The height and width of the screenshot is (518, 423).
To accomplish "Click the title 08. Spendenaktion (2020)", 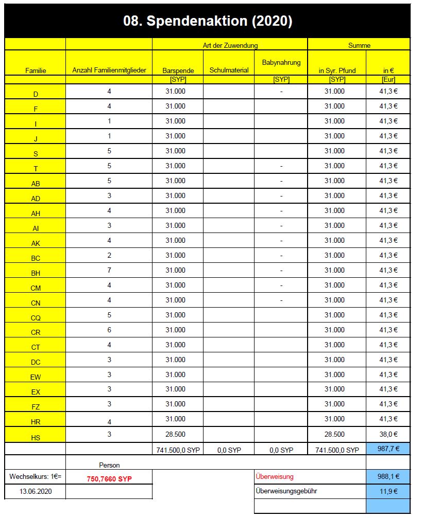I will tap(208, 21).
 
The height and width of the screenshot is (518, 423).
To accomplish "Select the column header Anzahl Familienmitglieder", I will tap(109, 70).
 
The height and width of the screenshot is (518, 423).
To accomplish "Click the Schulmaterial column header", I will tap(229, 70).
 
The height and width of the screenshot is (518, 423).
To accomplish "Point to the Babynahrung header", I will tap(281, 63).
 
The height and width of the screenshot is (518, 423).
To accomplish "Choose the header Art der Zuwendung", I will tap(230, 45).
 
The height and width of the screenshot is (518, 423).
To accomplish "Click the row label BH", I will tap(36, 273).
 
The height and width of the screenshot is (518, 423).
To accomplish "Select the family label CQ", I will tap(36, 318).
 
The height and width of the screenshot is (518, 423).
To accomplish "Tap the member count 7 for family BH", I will tap(109, 270).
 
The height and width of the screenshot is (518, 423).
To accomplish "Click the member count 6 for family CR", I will tap(109, 330).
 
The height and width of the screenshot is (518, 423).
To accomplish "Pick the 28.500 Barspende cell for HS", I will tap(175, 434).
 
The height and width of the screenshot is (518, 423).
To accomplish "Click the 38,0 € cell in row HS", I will tap(388, 434).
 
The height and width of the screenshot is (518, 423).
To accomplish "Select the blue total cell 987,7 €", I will tap(388, 449).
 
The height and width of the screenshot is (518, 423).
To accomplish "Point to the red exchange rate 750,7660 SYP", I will tap(109, 478).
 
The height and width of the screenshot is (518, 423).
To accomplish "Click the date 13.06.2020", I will tap(36, 491).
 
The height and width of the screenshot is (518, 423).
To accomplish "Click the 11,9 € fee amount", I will tap(388, 491).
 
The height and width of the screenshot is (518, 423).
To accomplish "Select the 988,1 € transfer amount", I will tap(388, 476).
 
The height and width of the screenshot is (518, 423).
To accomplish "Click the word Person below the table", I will tap(109, 465).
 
